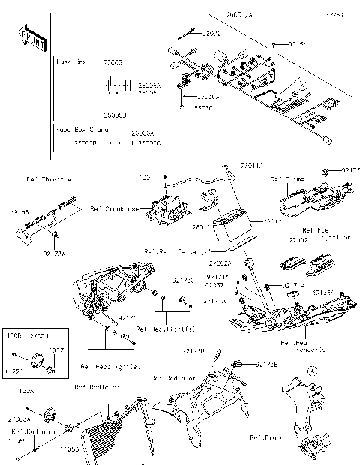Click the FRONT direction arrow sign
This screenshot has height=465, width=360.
(29, 37)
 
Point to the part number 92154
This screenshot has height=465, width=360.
(298, 44)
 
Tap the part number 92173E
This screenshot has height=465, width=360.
(265, 364)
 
